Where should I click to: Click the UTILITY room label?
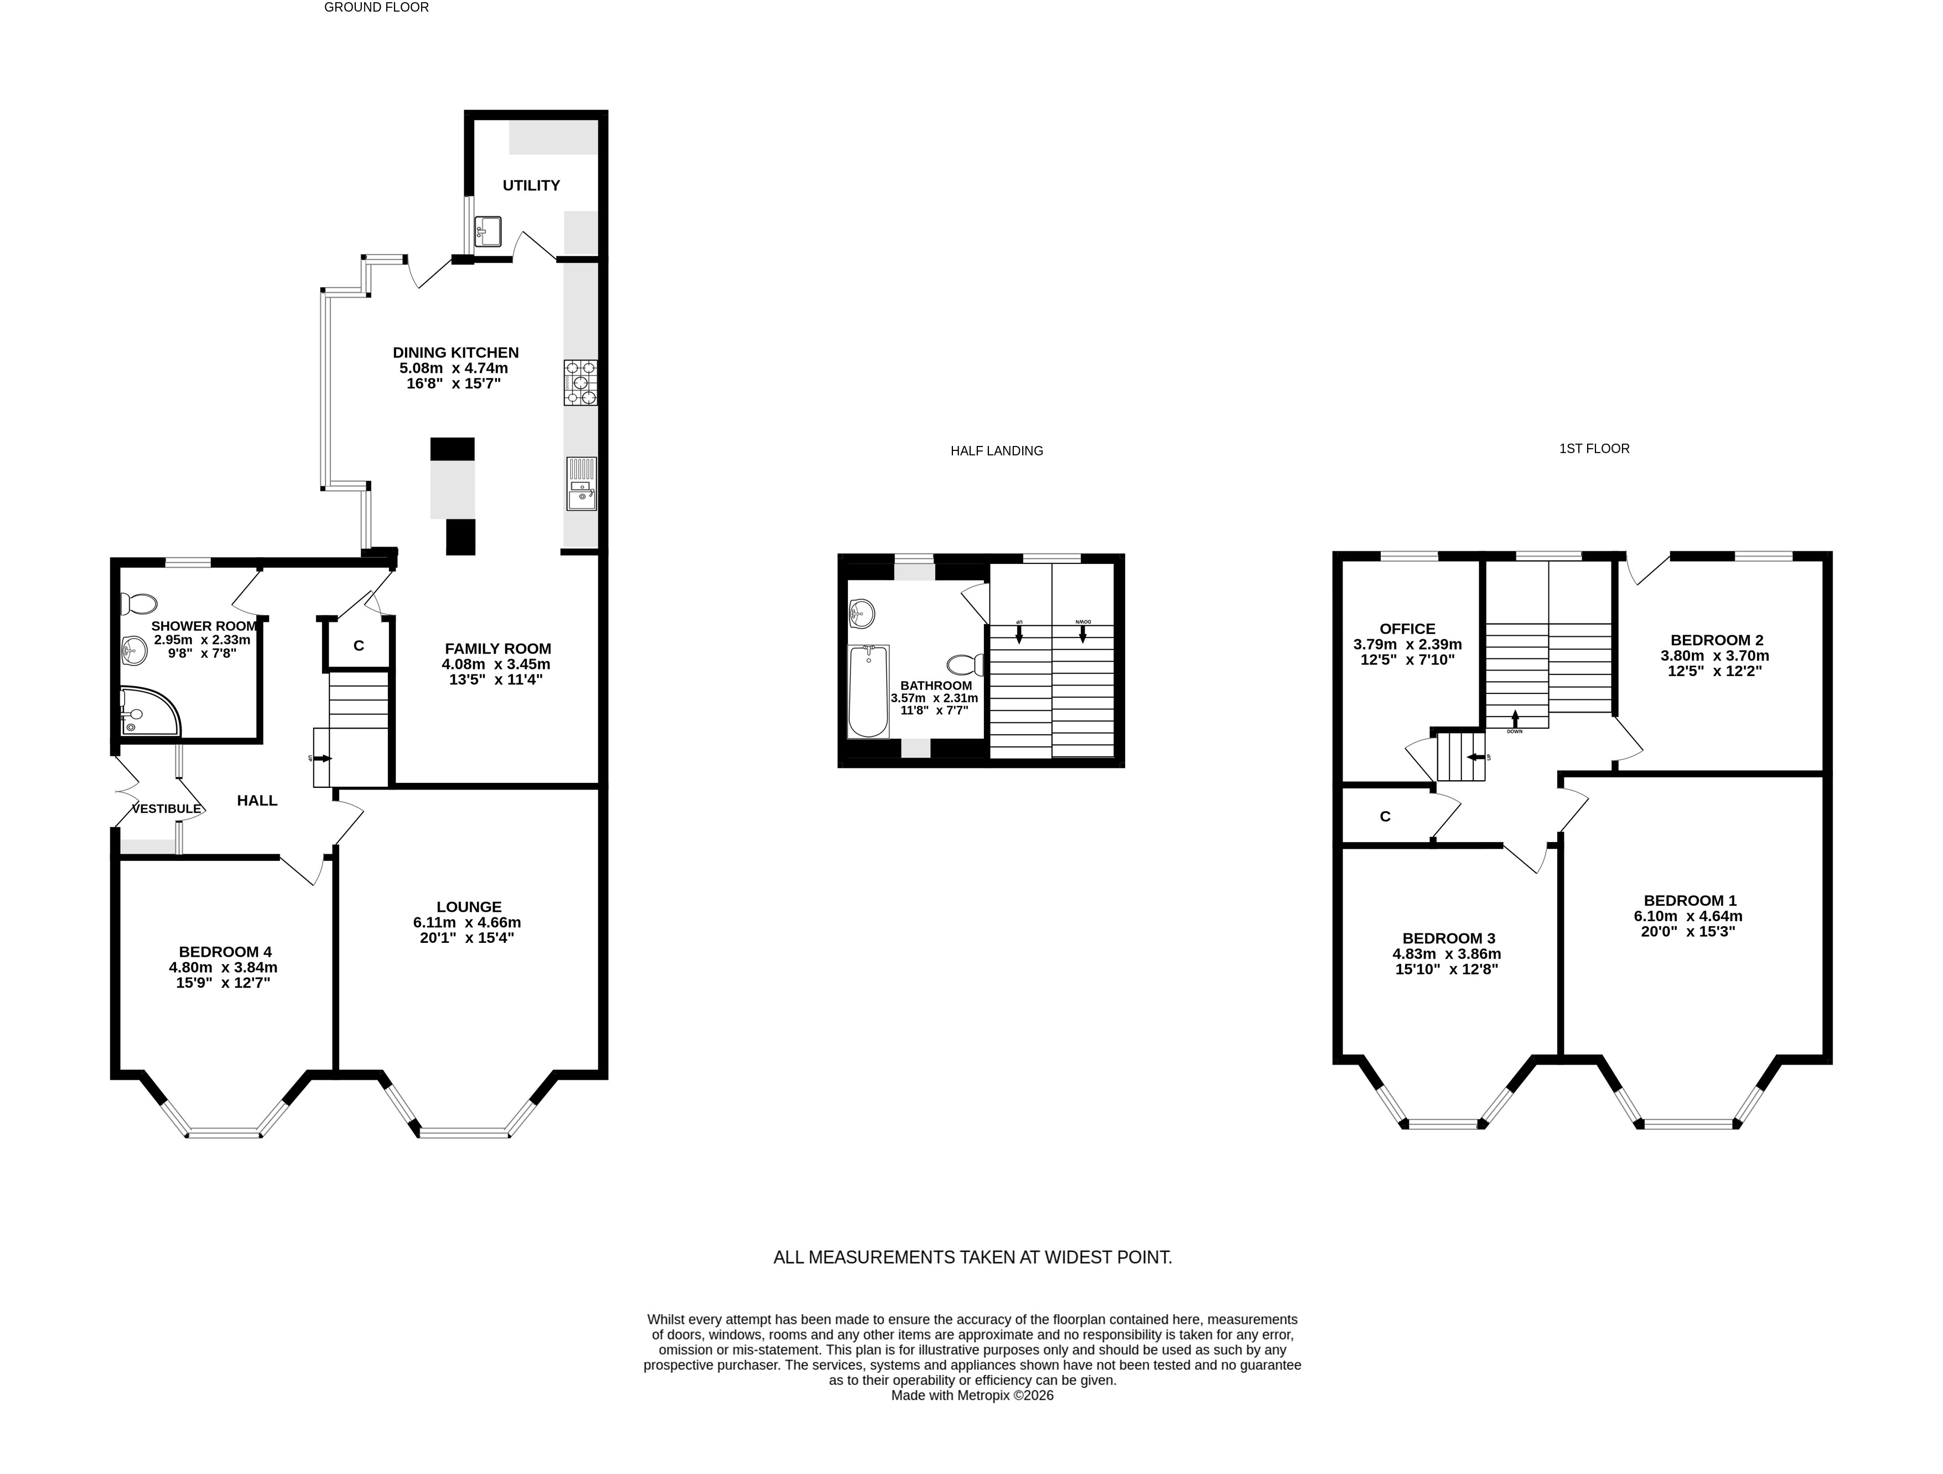[x=531, y=185]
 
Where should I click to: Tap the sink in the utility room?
[x=488, y=232]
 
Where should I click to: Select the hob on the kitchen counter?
[x=581, y=383]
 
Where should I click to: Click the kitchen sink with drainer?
[x=581, y=484]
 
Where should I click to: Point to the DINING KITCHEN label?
[x=456, y=353]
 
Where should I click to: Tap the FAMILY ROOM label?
[x=498, y=649]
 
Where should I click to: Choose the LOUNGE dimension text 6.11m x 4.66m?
[x=467, y=922]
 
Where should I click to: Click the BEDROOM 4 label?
[x=225, y=952]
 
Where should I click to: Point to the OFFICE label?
[x=1407, y=629]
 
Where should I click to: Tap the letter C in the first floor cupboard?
[x=1385, y=817]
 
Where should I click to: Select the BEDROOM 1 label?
[x=1690, y=900]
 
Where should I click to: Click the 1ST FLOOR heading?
[x=1594, y=449]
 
